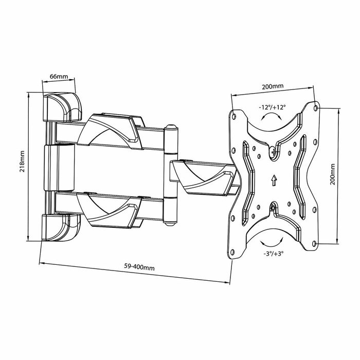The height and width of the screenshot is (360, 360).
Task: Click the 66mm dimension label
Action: (58, 77)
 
